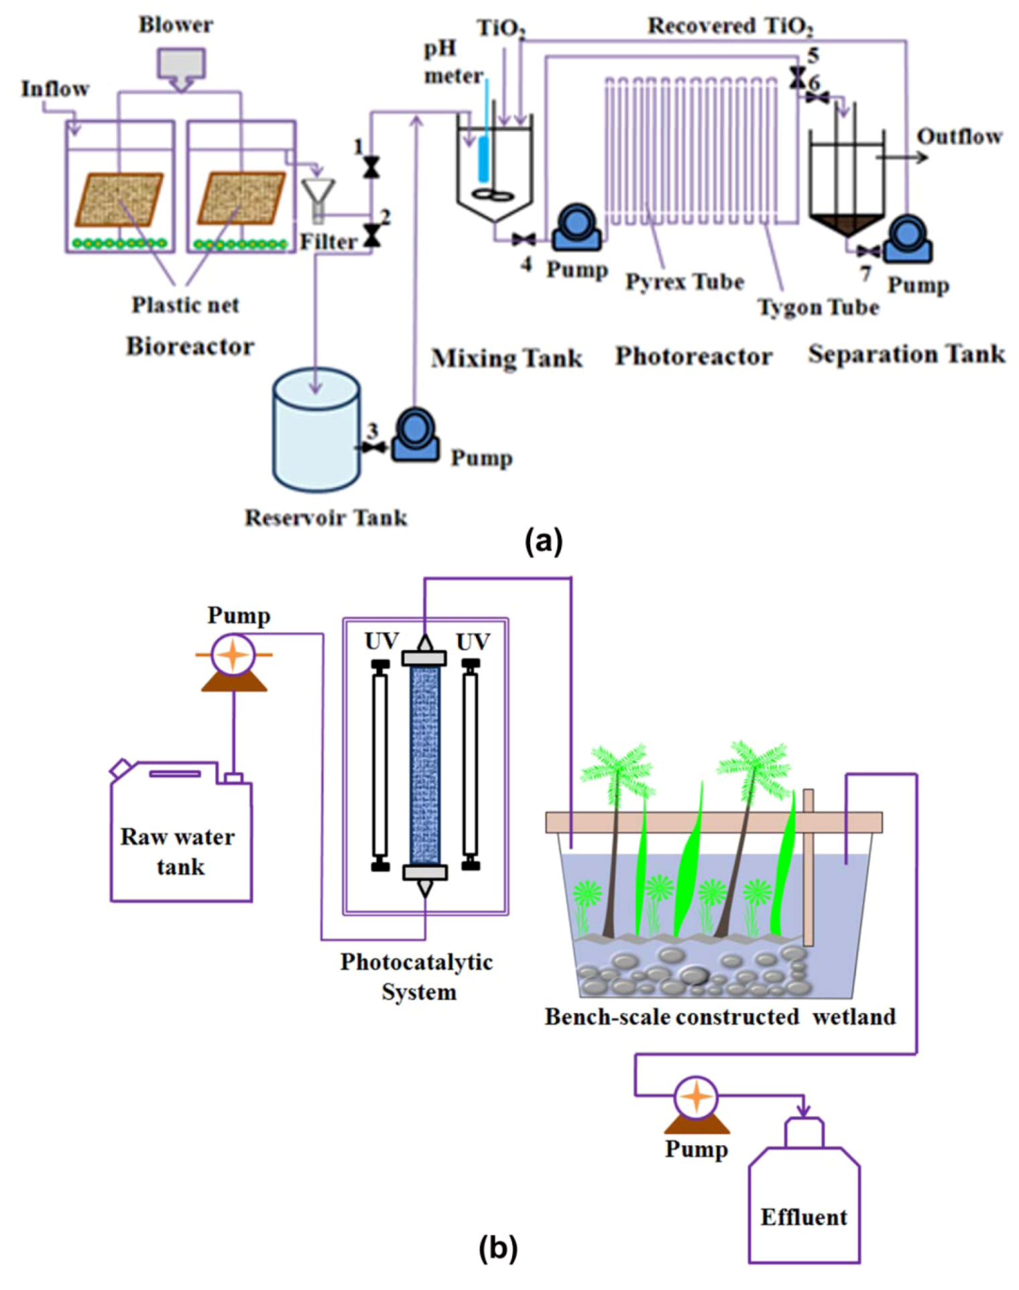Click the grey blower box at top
tap(181, 64)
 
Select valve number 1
tap(371, 167)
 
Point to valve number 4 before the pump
tap(523, 239)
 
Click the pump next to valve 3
tap(415, 437)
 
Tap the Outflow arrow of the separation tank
tap(902, 158)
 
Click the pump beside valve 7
tap(908, 240)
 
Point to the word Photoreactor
tap(694, 356)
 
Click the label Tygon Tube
tap(818, 307)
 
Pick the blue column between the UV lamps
tap(424, 765)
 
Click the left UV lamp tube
tap(380, 765)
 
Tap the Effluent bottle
tap(804, 1201)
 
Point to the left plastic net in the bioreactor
tap(119, 199)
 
